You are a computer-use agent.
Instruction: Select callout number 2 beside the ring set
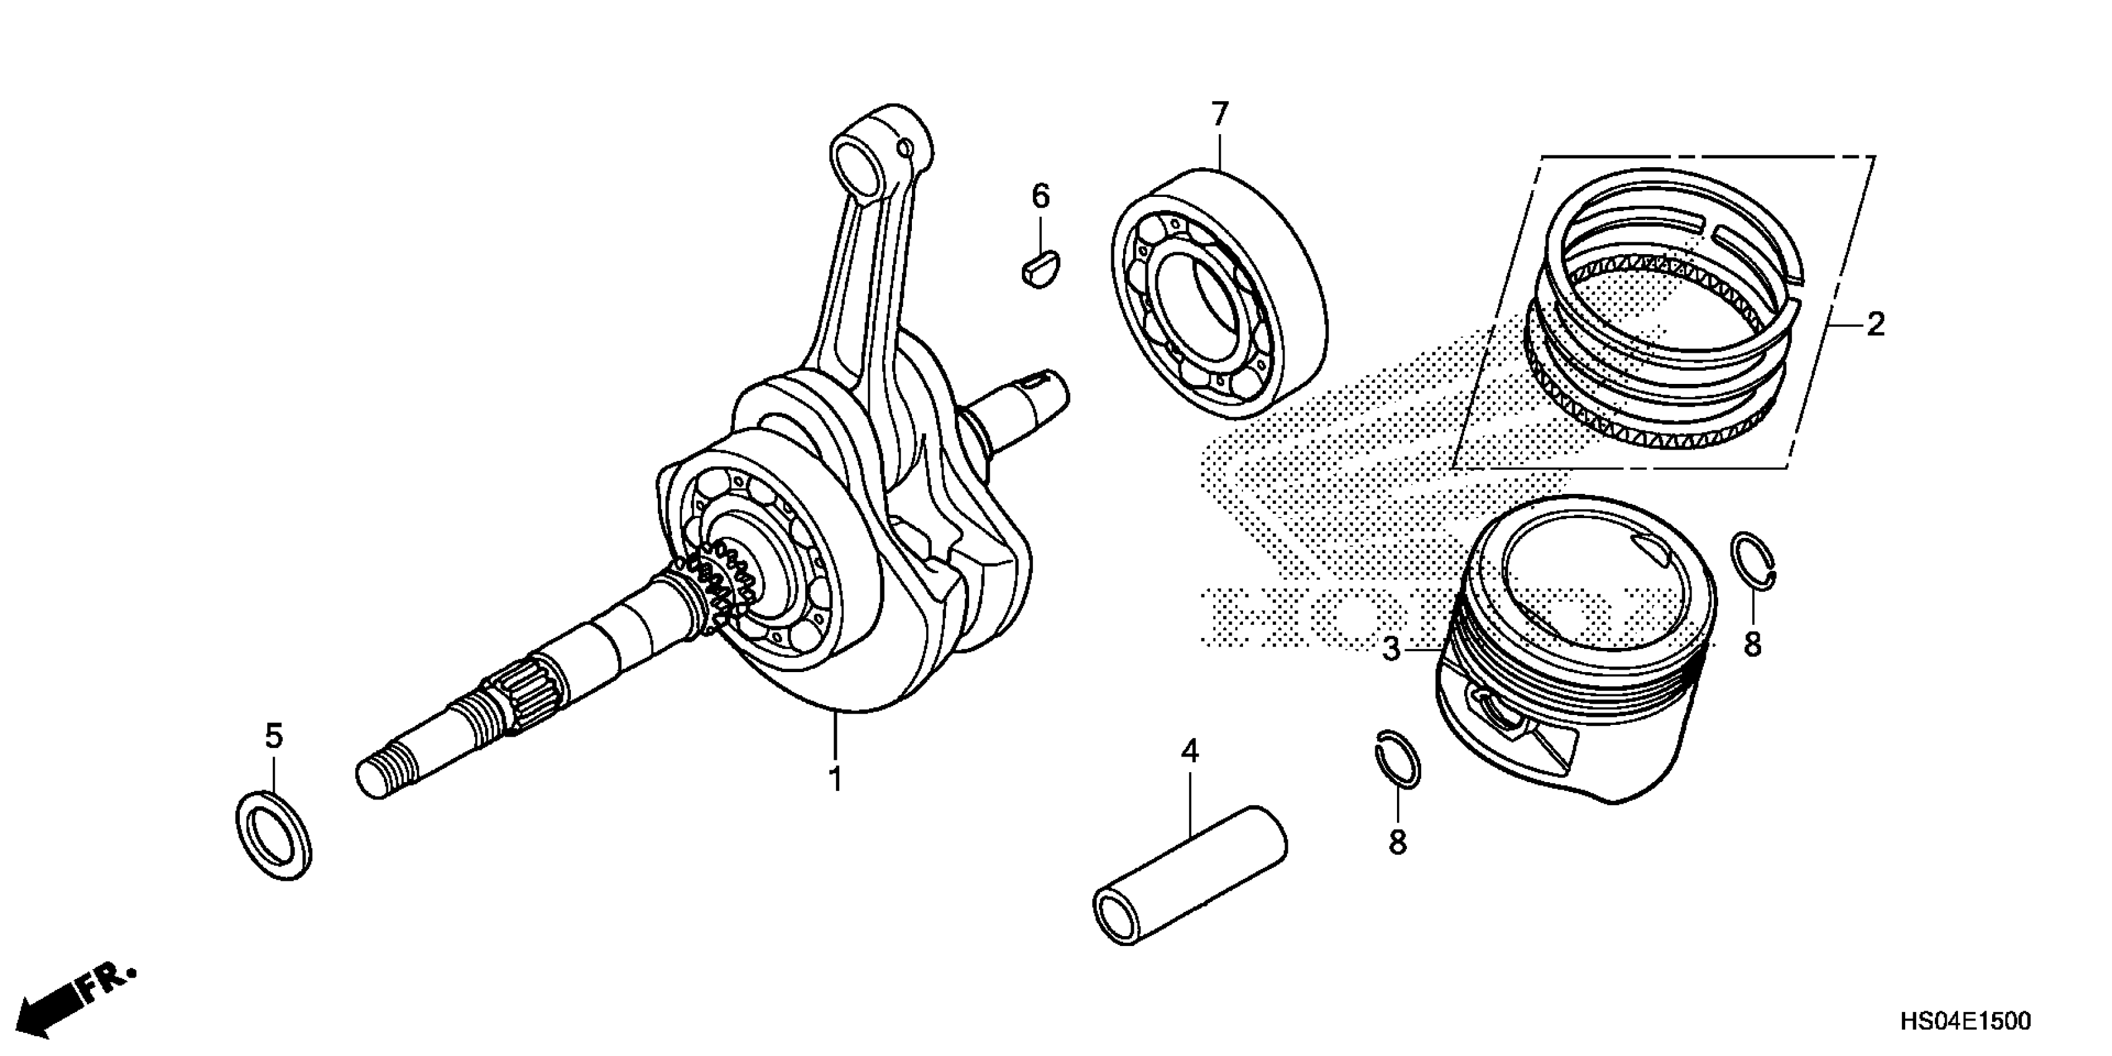[x=1876, y=325]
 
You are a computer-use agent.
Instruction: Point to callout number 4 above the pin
[x=1190, y=751]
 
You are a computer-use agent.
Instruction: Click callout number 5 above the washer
[x=274, y=736]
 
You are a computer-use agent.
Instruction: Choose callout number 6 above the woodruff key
[x=1040, y=197]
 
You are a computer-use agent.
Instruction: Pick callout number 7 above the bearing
[x=1220, y=115]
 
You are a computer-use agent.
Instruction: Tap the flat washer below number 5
[x=273, y=834]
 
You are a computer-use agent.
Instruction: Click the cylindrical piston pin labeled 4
[x=1190, y=887]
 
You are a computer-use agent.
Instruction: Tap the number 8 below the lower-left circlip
[x=1398, y=842]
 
